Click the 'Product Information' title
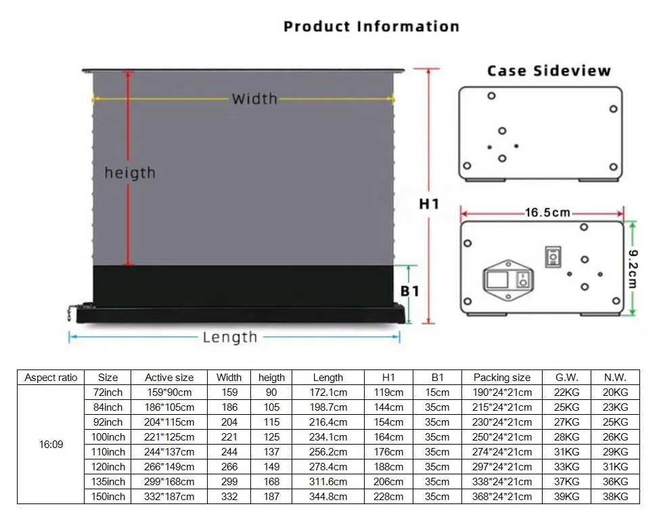[371, 27]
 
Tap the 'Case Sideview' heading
[549, 71]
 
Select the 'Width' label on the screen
[254, 99]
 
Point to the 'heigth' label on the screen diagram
[130, 173]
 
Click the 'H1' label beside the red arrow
[429, 204]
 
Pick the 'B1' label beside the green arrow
[410, 291]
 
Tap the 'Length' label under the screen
[230, 337]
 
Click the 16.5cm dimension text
[548, 213]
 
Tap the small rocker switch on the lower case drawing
[553, 257]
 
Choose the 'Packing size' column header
[502, 378]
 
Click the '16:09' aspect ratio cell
[51, 445]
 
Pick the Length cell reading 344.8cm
[328, 497]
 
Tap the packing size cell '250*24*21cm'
[502, 437]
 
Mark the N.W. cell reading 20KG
[615, 392]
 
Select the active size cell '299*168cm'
[169, 482]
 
